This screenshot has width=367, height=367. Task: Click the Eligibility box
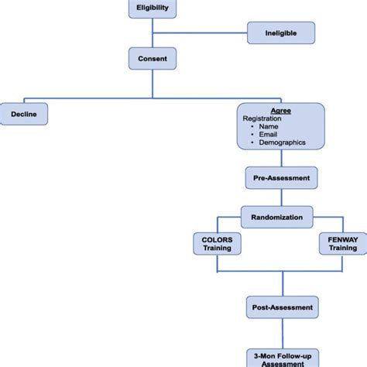153,9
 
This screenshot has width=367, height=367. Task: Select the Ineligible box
282,33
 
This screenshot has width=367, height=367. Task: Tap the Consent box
153,57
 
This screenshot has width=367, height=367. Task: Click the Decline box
23,114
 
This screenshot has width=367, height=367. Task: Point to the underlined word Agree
280,111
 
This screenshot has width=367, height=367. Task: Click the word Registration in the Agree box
263,118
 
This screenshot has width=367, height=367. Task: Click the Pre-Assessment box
281,177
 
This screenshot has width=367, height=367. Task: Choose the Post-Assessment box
281,307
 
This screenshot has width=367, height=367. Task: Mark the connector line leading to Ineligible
199,33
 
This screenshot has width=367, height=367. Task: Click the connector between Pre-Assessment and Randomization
281,197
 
